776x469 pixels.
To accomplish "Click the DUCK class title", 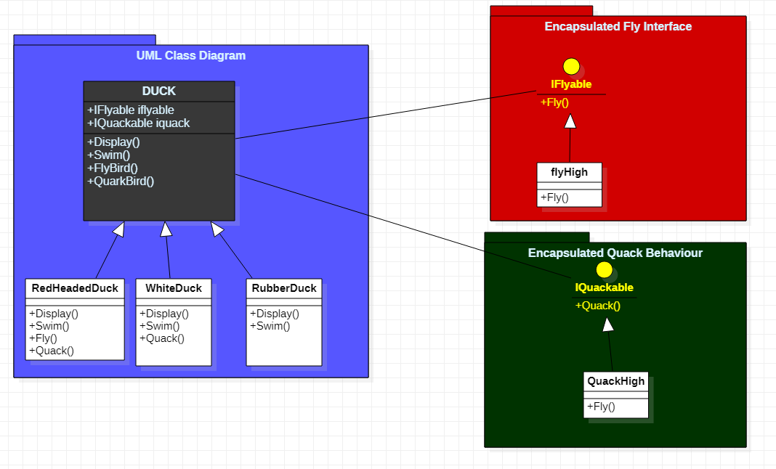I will (x=158, y=91).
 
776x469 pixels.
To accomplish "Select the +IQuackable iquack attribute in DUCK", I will (x=138, y=123).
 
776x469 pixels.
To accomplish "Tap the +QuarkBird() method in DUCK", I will (x=121, y=182).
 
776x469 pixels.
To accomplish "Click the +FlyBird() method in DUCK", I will (x=113, y=168).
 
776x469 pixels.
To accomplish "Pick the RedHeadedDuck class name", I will (x=75, y=288).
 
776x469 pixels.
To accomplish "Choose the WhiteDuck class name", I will (x=174, y=288).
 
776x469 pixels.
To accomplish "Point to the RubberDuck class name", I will (x=284, y=288).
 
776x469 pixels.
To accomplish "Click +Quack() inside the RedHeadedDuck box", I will (x=51, y=351).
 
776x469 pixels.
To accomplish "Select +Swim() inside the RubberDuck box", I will (x=270, y=326).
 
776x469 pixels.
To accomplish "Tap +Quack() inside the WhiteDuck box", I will (x=162, y=338).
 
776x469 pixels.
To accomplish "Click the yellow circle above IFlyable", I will (x=571, y=67).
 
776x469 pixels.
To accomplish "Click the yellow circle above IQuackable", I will (x=604, y=270).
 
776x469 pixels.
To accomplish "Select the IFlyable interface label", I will (x=571, y=85).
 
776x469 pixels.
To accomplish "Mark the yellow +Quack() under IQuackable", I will (x=598, y=306).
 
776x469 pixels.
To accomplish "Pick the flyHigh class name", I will (x=570, y=173).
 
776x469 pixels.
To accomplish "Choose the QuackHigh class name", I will (x=615, y=381).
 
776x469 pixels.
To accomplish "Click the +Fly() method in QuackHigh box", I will (x=601, y=407).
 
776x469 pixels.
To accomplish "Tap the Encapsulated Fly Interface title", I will (x=618, y=27).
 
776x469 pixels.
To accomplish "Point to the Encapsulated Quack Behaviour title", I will (x=615, y=253).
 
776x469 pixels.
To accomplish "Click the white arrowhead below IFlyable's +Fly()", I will (x=570, y=121).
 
